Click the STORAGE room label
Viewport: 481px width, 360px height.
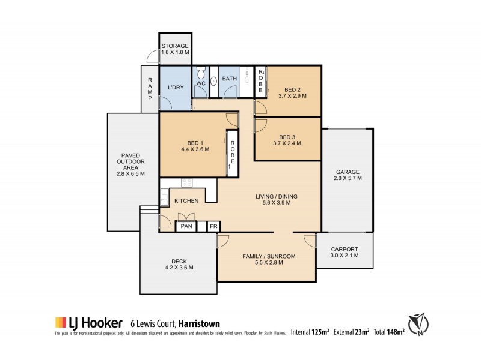(x=175, y=46)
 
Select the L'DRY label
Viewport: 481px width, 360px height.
(x=175, y=88)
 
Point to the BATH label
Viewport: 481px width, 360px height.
(x=229, y=79)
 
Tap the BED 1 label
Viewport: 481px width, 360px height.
(x=194, y=143)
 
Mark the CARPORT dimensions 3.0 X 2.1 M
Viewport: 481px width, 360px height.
(x=345, y=256)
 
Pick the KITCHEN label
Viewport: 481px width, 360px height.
(x=186, y=201)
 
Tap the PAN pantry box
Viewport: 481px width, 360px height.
(x=185, y=227)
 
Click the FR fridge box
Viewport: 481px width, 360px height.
(x=213, y=227)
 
